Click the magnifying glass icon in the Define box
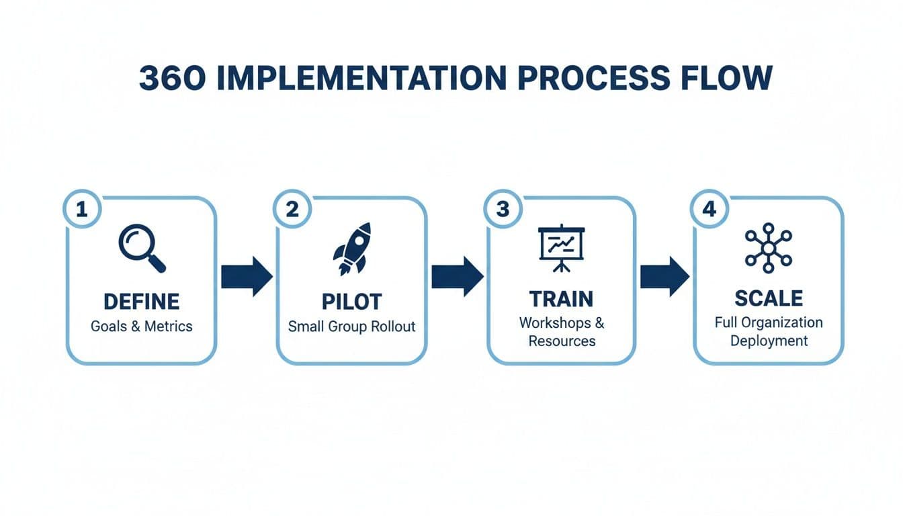click(x=141, y=248)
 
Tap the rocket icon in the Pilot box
click(x=352, y=248)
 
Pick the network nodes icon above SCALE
click(x=769, y=248)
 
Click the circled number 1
click(x=82, y=210)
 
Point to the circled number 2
click(x=292, y=210)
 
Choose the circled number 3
click(x=503, y=210)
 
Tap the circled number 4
click(x=709, y=210)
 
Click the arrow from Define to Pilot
click(x=247, y=276)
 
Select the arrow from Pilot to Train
click(x=457, y=276)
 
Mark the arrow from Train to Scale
click(x=664, y=276)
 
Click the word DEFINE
click(x=141, y=301)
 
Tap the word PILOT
click(x=351, y=301)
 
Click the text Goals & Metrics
click(x=141, y=327)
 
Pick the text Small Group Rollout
click(x=351, y=327)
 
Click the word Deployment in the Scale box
click(x=769, y=341)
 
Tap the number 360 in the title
click(x=165, y=79)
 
